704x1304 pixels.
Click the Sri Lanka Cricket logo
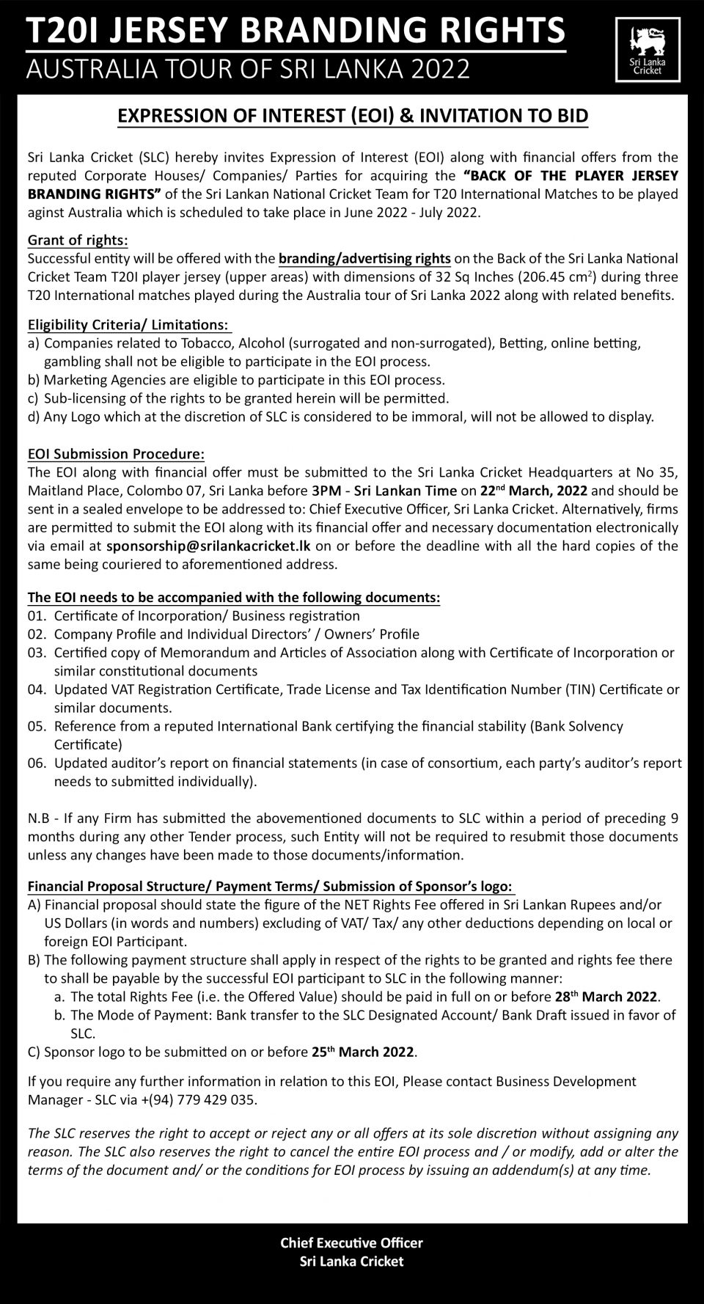648,51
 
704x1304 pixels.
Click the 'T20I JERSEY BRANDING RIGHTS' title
296,30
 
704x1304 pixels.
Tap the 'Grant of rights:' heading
78,240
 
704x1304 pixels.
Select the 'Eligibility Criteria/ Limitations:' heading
128,324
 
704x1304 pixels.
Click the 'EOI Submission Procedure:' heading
116,453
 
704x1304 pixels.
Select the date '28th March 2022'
606,997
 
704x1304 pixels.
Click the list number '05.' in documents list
37,726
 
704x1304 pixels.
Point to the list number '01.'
37,616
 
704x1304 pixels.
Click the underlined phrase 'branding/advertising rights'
364,258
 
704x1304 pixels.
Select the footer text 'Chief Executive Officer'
351,1242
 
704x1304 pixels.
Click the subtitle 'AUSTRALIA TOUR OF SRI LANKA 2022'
248,70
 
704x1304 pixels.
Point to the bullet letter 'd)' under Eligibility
34,417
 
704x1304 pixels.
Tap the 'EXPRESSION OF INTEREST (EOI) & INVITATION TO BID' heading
353,116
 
